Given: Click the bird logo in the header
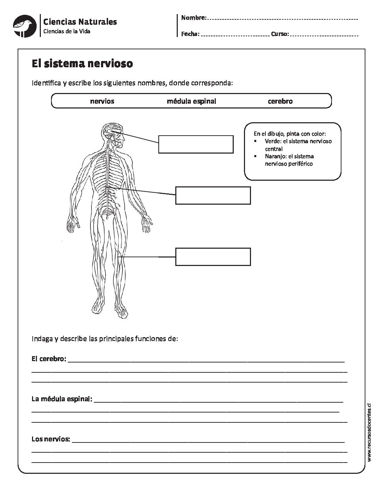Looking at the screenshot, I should [25, 25].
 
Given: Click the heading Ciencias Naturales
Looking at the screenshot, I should [80, 22].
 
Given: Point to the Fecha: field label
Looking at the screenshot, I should [190, 34].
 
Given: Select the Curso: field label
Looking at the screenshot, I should [280, 34].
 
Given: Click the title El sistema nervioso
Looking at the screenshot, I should [82, 64].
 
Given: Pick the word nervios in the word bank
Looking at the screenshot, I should [102, 101].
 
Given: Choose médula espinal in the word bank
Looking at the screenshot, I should [191, 101].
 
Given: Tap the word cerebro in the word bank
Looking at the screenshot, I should [280, 101].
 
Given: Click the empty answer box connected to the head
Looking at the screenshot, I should [196, 144].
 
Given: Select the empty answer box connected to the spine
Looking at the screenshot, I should [213, 196].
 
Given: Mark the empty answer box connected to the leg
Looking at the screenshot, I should [213, 256].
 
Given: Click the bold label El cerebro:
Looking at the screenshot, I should [49, 359].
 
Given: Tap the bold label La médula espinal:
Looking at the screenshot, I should [62, 399].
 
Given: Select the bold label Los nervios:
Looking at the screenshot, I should [51, 439].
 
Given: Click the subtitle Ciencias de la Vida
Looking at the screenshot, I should [67, 32].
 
